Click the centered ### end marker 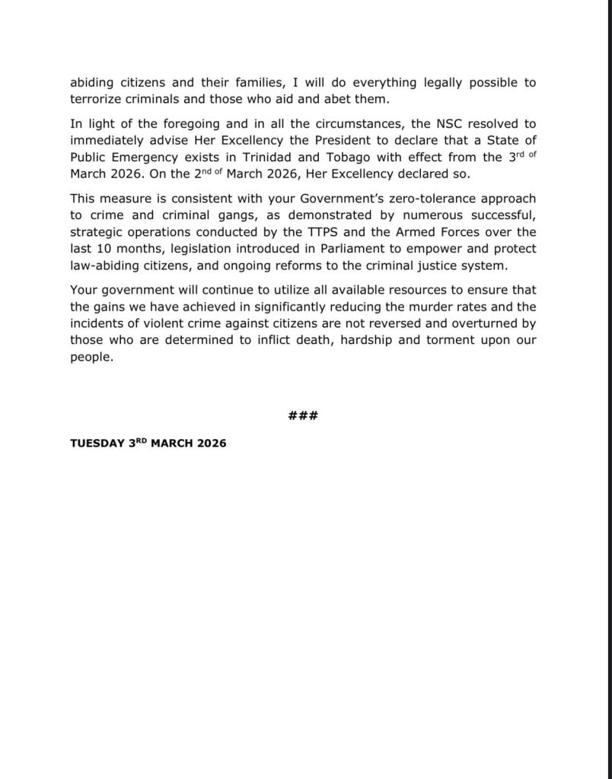pos(303,415)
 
